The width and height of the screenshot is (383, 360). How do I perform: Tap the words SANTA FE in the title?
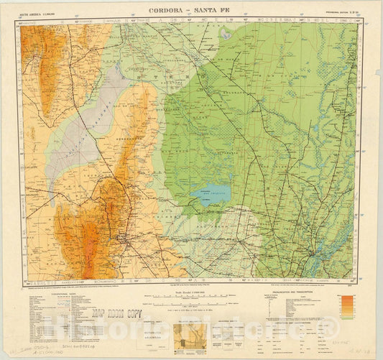(215, 9)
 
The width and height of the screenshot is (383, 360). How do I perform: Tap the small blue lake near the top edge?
(228, 34)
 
